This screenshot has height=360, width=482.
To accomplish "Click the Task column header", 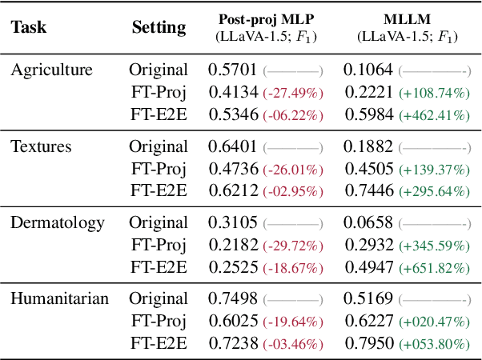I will pyautogui.click(x=28, y=27).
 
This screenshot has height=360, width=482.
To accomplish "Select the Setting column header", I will pyautogui.click(x=159, y=27).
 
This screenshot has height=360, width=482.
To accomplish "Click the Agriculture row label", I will pyautogui.click(x=51, y=70).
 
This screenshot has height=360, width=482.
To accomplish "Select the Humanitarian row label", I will pyautogui.click(x=58, y=298).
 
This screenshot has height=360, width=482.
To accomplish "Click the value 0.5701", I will pyautogui.click(x=233, y=70).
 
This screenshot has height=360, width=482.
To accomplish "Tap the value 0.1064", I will pyautogui.click(x=368, y=70).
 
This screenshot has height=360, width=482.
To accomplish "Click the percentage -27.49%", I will pyautogui.click(x=293, y=93).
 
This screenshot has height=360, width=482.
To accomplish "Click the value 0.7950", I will pyautogui.click(x=368, y=345).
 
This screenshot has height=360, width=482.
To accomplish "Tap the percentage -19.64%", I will pyautogui.click(x=293, y=322).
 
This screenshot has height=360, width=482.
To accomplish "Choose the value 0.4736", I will pyautogui.click(x=233, y=169).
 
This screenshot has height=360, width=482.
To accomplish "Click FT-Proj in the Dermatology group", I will pyautogui.click(x=159, y=245).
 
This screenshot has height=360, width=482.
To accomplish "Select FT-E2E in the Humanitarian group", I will pyautogui.click(x=159, y=345).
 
